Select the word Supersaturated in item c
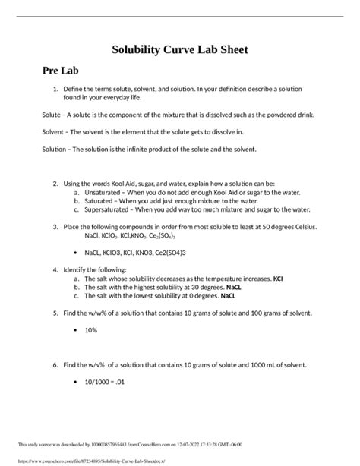pos(109,209)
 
